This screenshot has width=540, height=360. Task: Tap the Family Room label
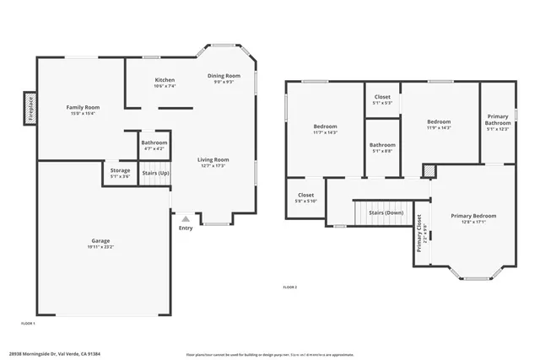click(84, 108)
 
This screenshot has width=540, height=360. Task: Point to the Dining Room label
click(224, 76)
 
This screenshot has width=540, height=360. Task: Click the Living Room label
click(213, 159)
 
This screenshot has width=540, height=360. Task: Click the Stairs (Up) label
click(154, 173)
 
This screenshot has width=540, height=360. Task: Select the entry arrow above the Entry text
click(186, 218)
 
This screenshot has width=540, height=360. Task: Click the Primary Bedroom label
click(472, 216)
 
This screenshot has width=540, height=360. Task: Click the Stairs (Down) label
click(386, 212)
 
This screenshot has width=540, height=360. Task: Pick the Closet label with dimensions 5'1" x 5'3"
click(381, 96)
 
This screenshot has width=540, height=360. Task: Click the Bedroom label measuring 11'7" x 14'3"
click(325, 126)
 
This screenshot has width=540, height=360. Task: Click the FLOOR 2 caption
click(289, 287)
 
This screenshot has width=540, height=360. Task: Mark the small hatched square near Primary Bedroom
click(429, 171)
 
